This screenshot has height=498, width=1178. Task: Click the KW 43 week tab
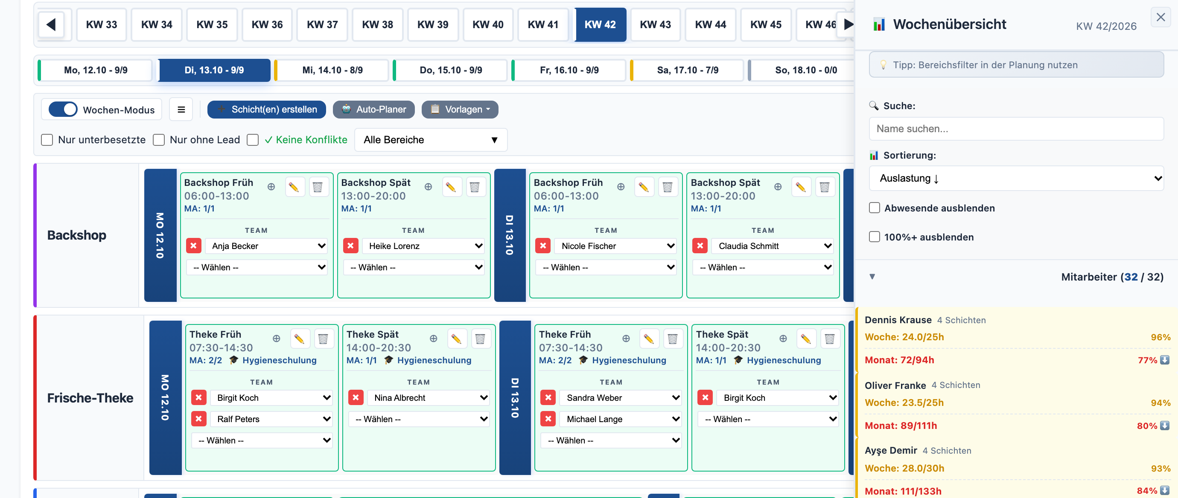click(x=655, y=25)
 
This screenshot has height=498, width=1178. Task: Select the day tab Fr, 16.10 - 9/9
click(x=569, y=70)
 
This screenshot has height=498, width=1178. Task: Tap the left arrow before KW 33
click(x=51, y=25)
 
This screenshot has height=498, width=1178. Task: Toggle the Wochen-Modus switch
click(x=63, y=110)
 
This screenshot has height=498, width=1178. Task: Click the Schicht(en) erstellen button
click(x=267, y=110)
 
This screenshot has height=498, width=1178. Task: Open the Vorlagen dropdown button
click(x=460, y=110)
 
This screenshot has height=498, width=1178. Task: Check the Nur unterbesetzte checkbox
click(x=47, y=140)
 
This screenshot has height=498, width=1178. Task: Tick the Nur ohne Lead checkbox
click(x=159, y=140)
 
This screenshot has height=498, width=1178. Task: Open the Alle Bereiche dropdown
click(x=431, y=140)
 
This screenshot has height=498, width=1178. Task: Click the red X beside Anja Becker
click(x=193, y=246)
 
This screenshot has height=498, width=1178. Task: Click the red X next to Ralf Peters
click(x=199, y=419)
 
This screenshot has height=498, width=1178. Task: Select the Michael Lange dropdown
click(x=621, y=419)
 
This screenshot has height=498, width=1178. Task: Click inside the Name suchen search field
click(x=1016, y=129)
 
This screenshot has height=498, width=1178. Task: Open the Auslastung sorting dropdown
click(x=1016, y=178)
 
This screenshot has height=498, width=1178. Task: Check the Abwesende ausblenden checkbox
click(x=875, y=208)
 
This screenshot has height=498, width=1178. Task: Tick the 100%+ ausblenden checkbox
click(x=875, y=237)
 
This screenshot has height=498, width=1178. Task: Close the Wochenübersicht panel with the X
click(x=1161, y=17)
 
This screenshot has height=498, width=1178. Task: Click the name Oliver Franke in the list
click(x=895, y=385)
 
